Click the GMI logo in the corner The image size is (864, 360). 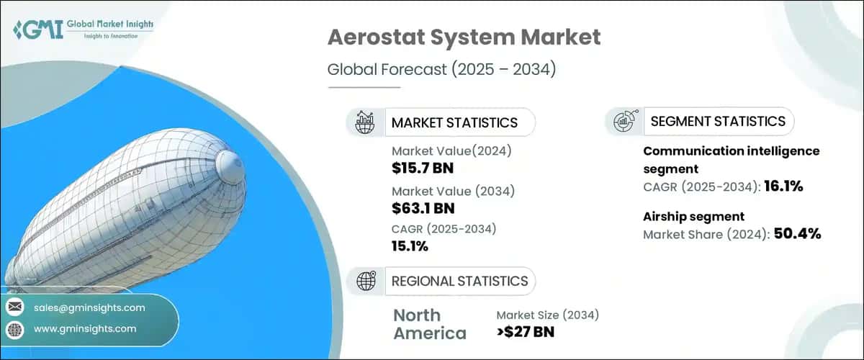(84, 30)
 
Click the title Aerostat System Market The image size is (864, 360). (464, 38)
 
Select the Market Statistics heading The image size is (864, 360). (454, 122)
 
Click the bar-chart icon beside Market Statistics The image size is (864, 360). (364, 122)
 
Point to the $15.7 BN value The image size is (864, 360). (423, 169)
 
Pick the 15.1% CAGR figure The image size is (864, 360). (410, 246)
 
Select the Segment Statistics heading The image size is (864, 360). (718, 122)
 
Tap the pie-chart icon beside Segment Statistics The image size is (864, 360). (624, 122)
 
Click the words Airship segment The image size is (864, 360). (693, 216)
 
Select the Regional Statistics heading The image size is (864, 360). (459, 281)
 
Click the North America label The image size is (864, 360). (429, 324)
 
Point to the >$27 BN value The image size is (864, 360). (526, 332)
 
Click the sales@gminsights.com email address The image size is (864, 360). (89, 307)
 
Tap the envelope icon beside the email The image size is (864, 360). (14, 307)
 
